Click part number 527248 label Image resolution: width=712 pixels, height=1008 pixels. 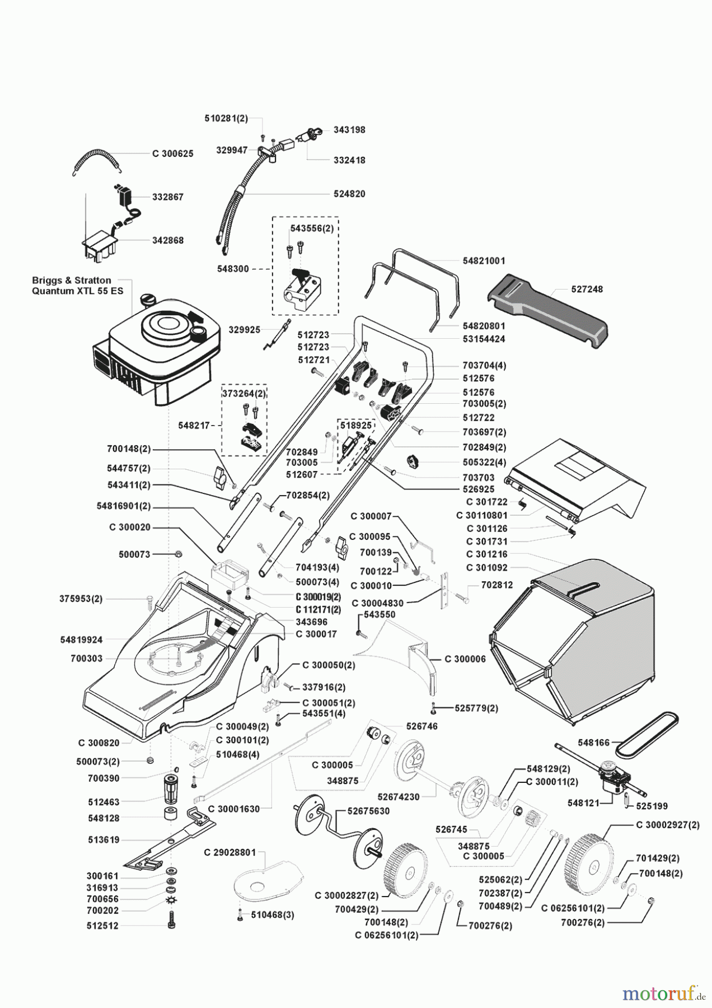pos(588,290)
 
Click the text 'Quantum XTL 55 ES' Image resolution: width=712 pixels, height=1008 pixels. pos(78,291)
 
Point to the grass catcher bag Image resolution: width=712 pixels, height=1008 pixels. pos(571,650)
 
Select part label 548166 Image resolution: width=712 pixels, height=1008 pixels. pos(594,743)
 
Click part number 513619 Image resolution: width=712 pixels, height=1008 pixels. pos(103,840)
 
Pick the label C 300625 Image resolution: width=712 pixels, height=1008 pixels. pos(173,153)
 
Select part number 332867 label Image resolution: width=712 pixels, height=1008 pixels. pos(168,197)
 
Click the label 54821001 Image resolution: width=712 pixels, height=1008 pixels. pos(484,260)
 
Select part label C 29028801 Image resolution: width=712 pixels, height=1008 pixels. pos(230,853)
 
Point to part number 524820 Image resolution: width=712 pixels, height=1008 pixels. pos(349,194)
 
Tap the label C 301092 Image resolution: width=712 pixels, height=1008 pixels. pos(487,567)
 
